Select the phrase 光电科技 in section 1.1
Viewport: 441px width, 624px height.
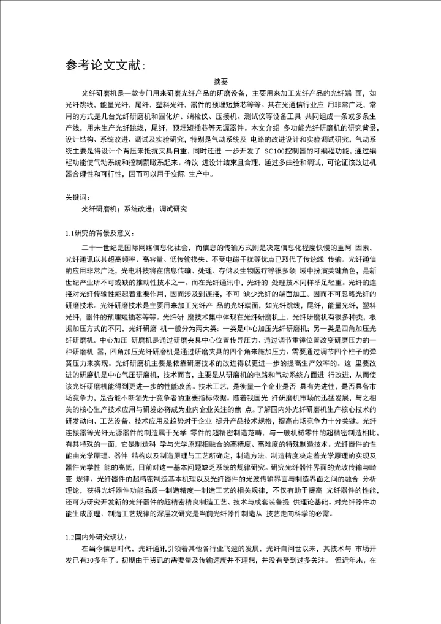click(x=135, y=269)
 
